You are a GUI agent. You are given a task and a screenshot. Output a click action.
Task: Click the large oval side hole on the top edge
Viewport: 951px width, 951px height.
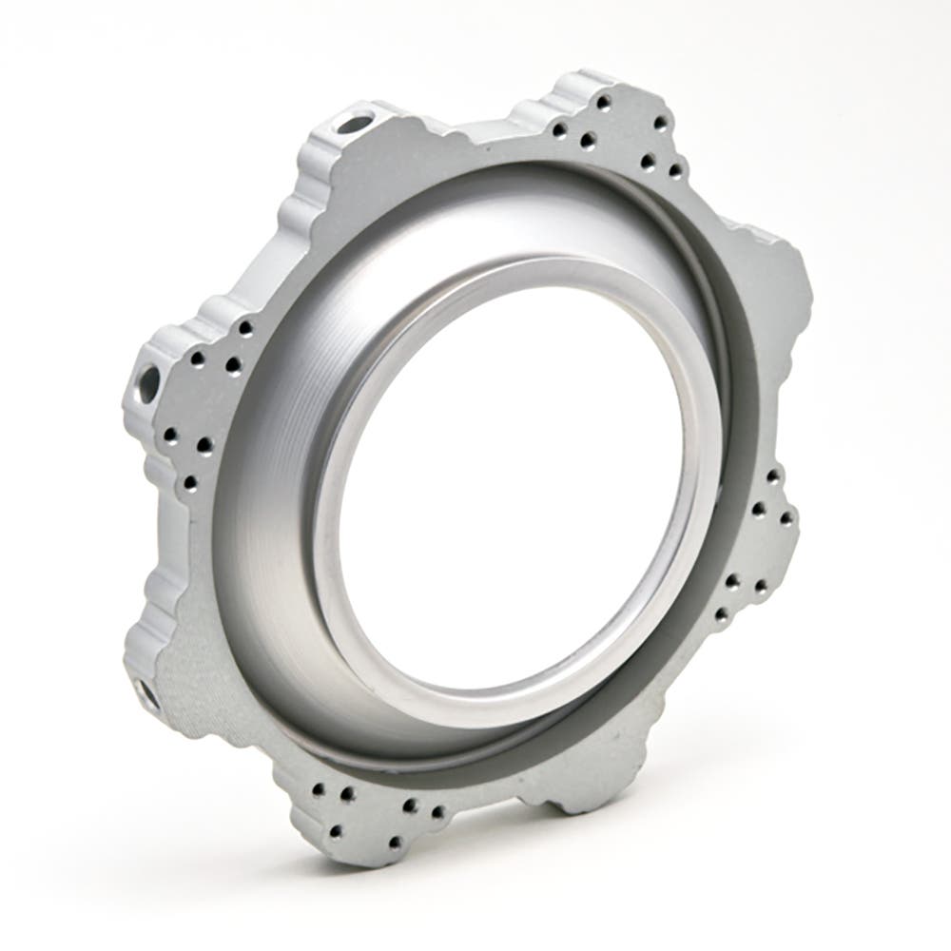pyautogui.click(x=353, y=123)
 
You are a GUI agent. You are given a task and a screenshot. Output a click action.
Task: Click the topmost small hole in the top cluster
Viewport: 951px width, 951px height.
pyautogui.click(x=603, y=101)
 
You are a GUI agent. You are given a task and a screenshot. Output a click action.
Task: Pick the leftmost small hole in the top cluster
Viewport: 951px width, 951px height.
pyautogui.click(x=559, y=129)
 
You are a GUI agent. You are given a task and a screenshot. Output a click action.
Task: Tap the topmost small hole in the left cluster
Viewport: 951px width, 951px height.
pyautogui.click(x=245, y=329)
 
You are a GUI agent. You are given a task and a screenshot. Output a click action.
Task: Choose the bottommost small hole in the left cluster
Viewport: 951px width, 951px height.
pyautogui.click(x=190, y=483)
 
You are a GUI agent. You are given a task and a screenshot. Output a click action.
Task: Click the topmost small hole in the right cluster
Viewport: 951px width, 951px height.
pyautogui.click(x=772, y=475)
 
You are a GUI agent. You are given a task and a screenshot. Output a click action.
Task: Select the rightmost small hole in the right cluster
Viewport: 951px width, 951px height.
pyautogui.click(x=787, y=518)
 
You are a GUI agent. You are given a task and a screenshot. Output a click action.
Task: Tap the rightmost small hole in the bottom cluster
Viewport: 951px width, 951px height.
pyautogui.click(x=438, y=813)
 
